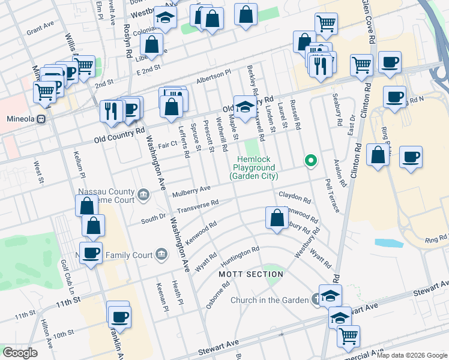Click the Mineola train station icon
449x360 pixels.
[41, 119]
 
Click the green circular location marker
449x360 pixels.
[310, 160]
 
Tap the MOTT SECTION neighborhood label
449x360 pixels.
[250, 274]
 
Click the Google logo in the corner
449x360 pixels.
[20, 353]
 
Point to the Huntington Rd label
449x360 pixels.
[240, 257]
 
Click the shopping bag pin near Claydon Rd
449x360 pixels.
[277, 218]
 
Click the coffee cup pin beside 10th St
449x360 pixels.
[118, 316]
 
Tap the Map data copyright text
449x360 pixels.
[412, 355]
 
